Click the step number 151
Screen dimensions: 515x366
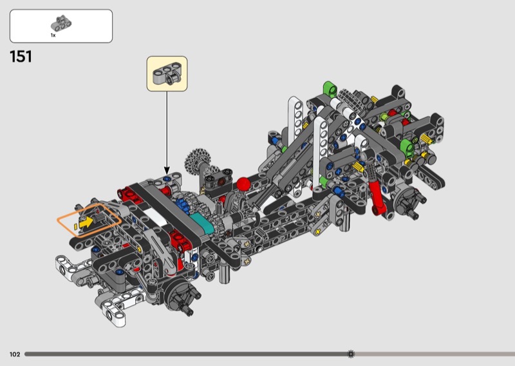click(21, 57)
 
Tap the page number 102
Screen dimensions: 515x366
click(15, 354)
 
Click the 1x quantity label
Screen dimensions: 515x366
click(53, 35)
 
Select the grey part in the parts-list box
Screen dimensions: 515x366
click(61, 23)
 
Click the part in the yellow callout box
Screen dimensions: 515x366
click(167, 73)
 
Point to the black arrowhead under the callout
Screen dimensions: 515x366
click(167, 171)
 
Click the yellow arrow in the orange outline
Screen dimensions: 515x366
click(86, 222)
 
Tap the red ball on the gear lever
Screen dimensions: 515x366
click(243, 184)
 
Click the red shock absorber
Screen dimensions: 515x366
click(375, 193)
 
